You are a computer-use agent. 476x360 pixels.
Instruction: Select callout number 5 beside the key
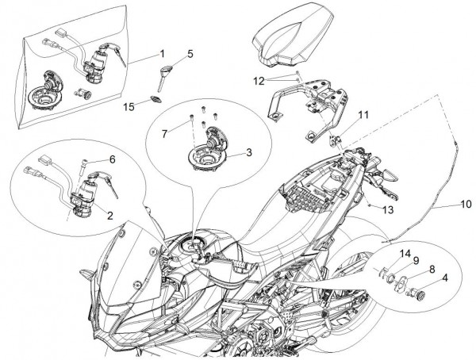pyautogui.click(x=190, y=54)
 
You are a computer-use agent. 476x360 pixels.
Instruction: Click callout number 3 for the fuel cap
pyautogui.click(x=248, y=151)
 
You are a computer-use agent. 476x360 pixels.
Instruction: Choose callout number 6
pyautogui.click(x=112, y=159)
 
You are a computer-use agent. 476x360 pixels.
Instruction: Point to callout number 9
pyautogui.click(x=416, y=261)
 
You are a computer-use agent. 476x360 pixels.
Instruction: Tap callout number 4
pyautogui.click(x=444, y=278)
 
